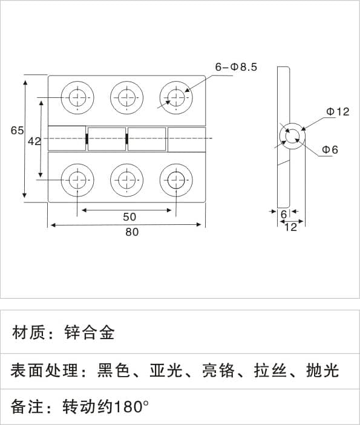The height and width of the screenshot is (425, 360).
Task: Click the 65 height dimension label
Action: point(17,131)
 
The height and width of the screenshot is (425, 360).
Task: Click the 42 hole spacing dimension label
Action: point(34,141)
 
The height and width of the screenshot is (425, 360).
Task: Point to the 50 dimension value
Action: point(129,217)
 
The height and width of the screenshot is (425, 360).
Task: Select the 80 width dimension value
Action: point(132,232)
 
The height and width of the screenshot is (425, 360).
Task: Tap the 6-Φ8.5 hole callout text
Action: point(236,67)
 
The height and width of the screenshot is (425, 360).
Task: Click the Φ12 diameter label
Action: point(338,112)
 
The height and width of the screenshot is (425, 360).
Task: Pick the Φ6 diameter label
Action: point(330,149)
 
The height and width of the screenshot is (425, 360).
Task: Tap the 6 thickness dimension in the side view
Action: point(284,215)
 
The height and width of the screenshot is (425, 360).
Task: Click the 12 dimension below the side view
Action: point(291,227)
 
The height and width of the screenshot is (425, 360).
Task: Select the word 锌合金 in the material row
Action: point(90,333)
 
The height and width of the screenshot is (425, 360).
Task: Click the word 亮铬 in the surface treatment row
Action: point(218,371)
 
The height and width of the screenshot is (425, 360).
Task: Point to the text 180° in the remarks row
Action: point(131,407)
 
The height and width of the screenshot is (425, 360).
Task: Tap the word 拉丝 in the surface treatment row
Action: point(270,371)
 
